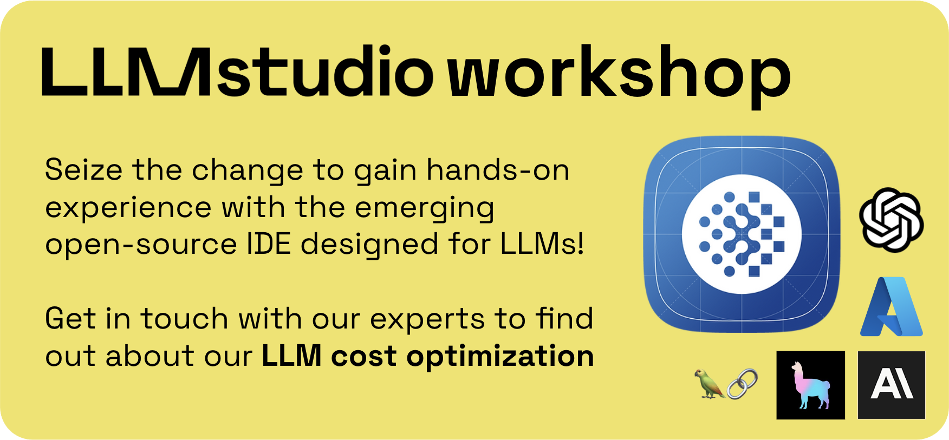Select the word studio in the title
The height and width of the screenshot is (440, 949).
[325, 73]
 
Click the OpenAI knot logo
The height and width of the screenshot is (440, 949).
[891, 220]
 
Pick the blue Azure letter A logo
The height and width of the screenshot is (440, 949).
[892, 307]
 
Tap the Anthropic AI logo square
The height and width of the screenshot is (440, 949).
[892, 385]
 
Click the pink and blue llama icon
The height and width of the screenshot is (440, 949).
[810, 385]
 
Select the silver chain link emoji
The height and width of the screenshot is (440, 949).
[742, 384]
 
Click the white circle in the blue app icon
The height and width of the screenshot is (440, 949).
[741, 234]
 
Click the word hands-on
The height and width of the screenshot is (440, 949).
[498, 170]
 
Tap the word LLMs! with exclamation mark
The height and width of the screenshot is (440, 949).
[542, 244]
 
